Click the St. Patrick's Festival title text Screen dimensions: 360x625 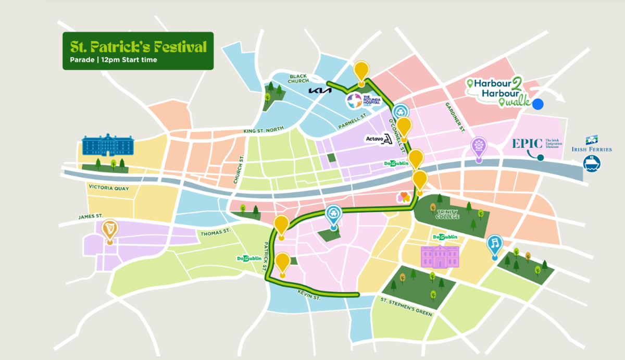tap(137, 46)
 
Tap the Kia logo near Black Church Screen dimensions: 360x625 tap(320, 91)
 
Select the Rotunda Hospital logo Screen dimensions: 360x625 tap(353, 101)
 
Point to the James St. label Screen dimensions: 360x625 tap(91, 216)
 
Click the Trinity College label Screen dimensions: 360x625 tap(448, 214)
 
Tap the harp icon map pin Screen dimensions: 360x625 tap(109, 230)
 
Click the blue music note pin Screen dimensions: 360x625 tap(494, 245)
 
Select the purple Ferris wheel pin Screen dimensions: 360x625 tap(478, 146)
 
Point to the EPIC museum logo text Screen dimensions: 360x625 tap(527, 143)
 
